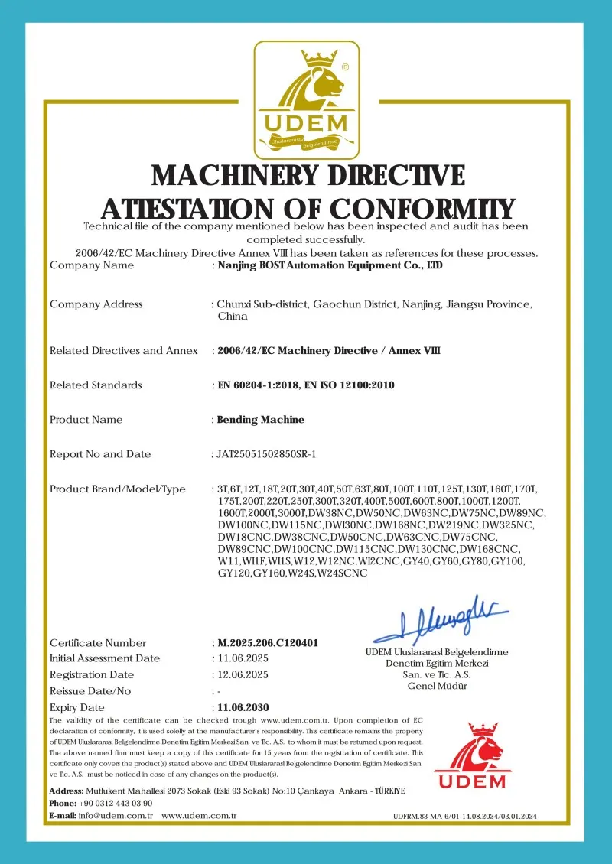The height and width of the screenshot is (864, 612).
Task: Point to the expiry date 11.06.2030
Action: tap(243, 707)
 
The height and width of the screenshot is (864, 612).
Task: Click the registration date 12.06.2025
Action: tap(243, 675)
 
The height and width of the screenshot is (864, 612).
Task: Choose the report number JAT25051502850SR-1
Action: tap(267, 454)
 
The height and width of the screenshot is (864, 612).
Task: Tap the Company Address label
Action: tap(96, 304)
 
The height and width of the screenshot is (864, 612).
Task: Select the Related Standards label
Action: tap(96, 385)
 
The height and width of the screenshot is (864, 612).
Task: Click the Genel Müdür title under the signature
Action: tap(437, 686)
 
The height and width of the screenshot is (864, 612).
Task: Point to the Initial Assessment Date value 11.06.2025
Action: tap(243, 658)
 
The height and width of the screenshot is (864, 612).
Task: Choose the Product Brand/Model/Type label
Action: tap(118, 489)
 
